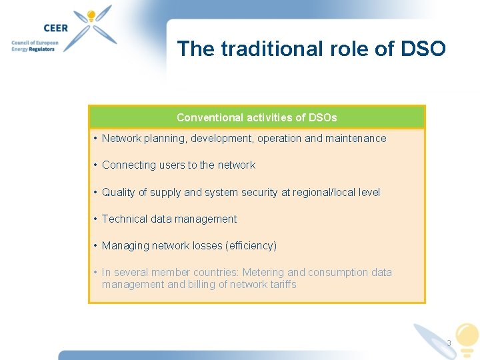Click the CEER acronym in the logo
(x=57, y=28)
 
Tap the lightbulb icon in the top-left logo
(x=90, y=16)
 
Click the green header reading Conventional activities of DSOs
(x=257, y=117)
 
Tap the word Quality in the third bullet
(x=118, y=192)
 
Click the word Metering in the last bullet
(x=263, y=272)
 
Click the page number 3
(x=449, y=343)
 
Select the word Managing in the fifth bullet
(x=125, y=245)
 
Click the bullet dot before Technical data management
(x=96, y=219)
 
